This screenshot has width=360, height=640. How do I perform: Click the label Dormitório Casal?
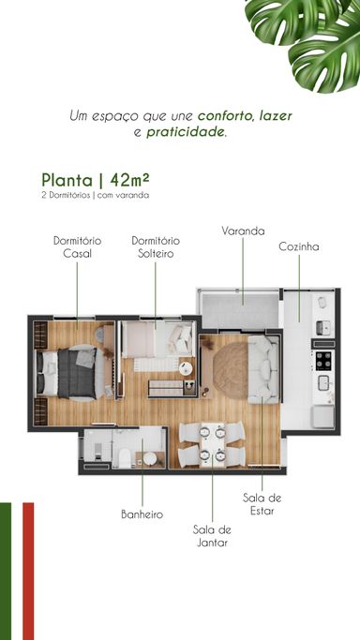[77, 247]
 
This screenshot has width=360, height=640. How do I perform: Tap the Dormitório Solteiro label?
[156, 247]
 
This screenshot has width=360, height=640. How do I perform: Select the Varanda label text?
[243, 231]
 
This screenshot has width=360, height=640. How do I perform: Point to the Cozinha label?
[299, 246]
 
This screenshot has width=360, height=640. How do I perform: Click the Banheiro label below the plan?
[142, 514]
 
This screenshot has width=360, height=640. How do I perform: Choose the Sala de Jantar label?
[212, 536]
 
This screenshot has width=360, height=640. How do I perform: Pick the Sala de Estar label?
[262, 504]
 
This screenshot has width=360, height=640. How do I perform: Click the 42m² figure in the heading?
[129, 180]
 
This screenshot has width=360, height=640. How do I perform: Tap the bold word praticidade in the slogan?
[186, 132]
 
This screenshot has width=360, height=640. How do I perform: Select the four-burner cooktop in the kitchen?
[324, 360]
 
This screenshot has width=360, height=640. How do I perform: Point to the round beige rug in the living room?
[231, 365]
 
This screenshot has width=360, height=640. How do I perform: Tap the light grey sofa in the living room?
[263, 369]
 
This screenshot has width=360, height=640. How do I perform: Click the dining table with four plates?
[212, 444]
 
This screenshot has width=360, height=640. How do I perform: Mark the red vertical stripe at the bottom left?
[28, 571]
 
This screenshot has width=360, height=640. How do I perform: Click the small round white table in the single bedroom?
[187, 368]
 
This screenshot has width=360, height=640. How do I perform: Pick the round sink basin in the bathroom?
[150, 459]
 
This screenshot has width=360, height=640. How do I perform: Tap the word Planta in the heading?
[67, 180]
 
